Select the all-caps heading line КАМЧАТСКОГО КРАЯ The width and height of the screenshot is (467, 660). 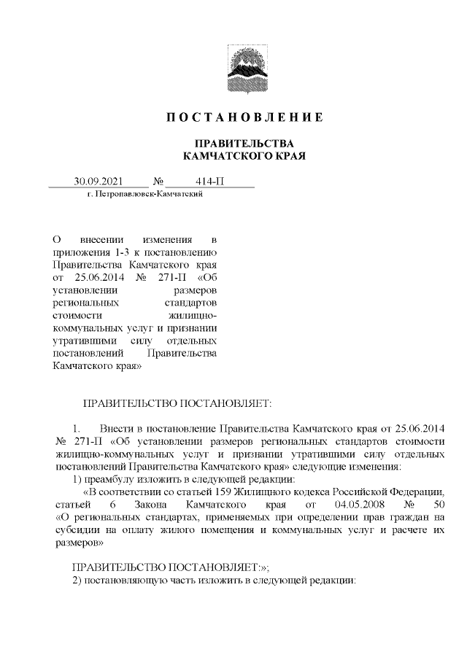(x=243, y=155)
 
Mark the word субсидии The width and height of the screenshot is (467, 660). (x=77, y=531)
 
